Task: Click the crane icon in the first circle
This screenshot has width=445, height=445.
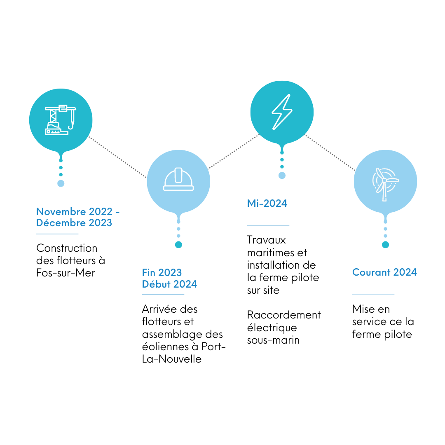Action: click(61, 120)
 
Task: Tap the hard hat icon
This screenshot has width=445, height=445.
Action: click(178, 179)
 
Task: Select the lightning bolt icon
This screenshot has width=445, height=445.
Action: click(282, 112)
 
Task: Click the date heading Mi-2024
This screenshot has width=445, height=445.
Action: click(267, 203)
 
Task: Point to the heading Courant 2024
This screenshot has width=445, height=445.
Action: click(384, 272)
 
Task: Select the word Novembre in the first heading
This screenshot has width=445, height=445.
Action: click(61, 211)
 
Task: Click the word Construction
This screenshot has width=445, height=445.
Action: click(67, 248)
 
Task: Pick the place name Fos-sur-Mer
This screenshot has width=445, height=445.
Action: click(66, 273)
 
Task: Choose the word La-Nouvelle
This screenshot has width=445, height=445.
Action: click(172, 359)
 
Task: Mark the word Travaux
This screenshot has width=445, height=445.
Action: click(266, 240)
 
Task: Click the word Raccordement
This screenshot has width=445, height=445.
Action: click(284, 315)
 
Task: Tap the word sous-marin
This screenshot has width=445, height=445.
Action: click(273, 340)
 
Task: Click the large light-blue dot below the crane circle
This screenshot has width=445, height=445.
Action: click(61, 183)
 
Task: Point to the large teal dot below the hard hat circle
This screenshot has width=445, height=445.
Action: click(178, 245)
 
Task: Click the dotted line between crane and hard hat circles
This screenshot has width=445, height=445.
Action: click(118, 157)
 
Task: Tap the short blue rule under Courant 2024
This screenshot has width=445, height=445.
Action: click(373, 295)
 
